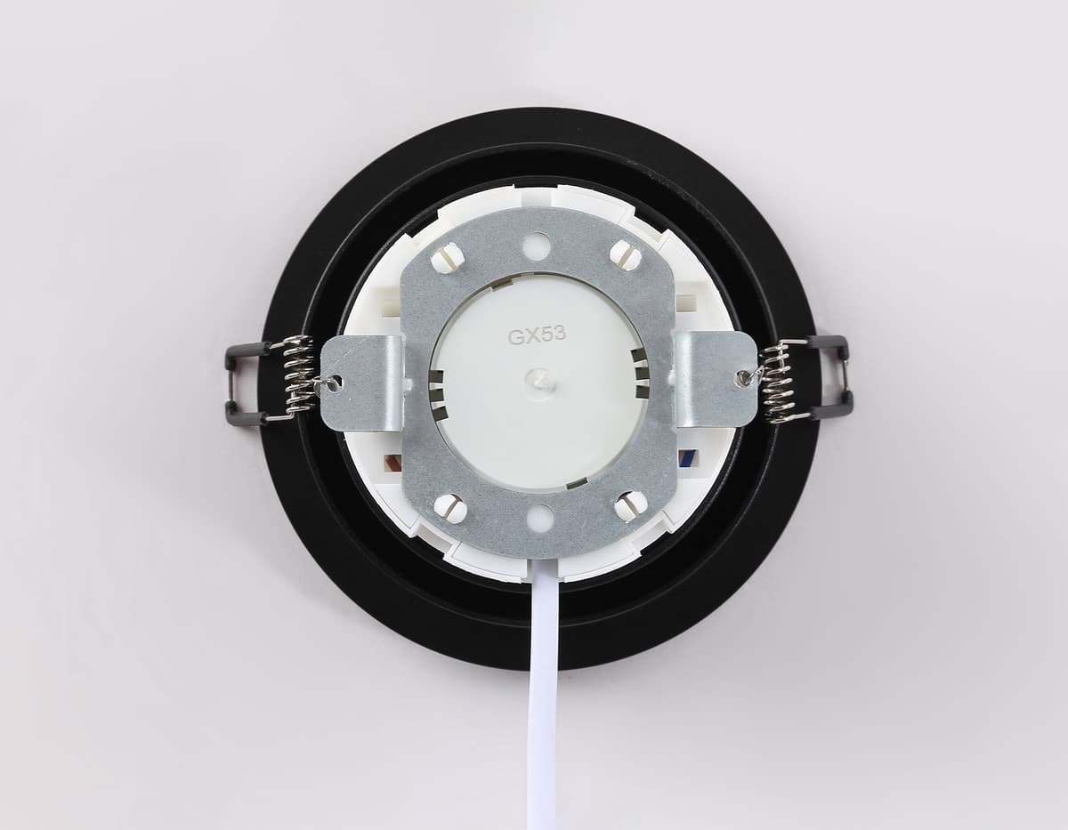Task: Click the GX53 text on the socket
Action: point(537,336)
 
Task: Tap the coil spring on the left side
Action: point(298,378)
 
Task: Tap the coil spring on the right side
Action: point(781,381)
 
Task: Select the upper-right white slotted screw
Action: point(625,255)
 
